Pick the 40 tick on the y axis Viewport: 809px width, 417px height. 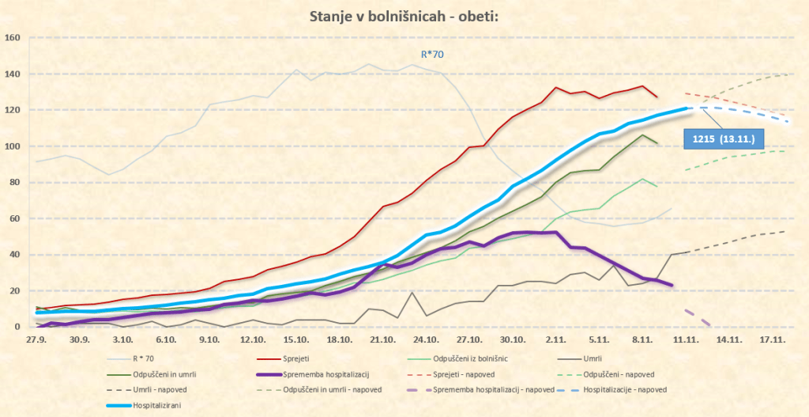click(x=13, y=255)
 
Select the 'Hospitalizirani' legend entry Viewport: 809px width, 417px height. click(x=143, y=407)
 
